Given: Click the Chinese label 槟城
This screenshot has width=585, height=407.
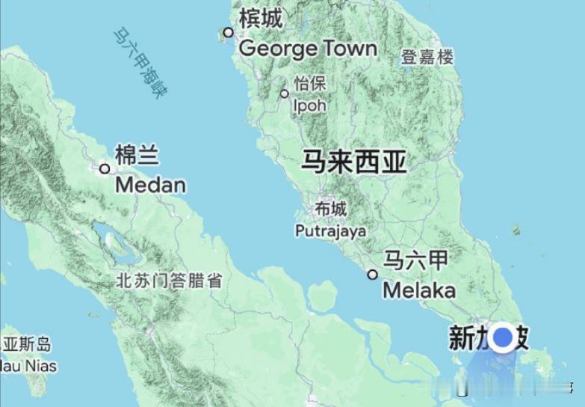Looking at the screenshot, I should click(261, 18).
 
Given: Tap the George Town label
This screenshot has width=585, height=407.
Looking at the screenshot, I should click(307, 49).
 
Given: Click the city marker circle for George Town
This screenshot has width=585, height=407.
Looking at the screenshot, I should click(229, 32).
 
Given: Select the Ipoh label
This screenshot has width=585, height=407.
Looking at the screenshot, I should click(309, 105).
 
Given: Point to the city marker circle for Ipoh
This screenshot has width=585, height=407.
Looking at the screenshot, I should click(285, 94).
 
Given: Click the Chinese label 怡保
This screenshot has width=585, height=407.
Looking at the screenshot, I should click(310, 84).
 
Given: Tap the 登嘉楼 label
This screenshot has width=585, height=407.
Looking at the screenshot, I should click(427, 57).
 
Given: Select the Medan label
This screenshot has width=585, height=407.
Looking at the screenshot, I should click(151, 184).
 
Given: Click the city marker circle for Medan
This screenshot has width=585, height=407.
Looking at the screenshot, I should click(105, 168).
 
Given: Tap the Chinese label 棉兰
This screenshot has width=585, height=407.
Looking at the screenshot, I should click(137, 156).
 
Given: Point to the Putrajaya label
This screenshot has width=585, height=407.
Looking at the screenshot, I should click(331, 231).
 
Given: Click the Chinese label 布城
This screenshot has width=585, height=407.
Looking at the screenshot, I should click(331, 209).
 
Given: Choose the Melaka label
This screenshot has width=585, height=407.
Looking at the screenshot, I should click(418, 290).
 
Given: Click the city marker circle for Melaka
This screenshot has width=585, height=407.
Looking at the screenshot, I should click(372, 275).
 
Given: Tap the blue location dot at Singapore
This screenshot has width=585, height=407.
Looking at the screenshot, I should click(504, 337).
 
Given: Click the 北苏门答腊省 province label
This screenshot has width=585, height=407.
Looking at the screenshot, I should click(169, 282).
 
